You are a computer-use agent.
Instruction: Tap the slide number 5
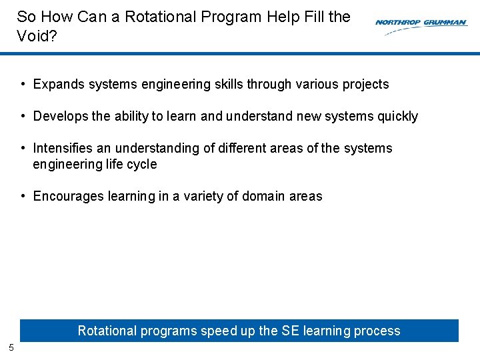[x=11, y=347]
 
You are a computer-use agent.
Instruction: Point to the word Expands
[x=57, y=85]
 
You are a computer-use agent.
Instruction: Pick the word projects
[x=364, y=85]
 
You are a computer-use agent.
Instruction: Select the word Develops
[x=61, y=117]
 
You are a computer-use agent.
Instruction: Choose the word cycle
[x=141, y=164]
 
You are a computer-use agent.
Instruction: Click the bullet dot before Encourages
[x=23, y=196]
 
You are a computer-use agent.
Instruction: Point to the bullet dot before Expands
[x=23, y=85]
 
